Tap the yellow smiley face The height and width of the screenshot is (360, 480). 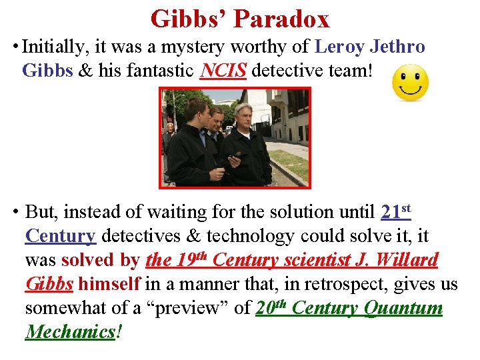410,83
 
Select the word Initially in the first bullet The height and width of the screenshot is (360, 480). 50,47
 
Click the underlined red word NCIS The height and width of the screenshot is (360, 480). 223,70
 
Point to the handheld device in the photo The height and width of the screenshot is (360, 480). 234,158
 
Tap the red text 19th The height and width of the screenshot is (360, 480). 188,259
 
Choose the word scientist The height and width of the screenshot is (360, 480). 317,260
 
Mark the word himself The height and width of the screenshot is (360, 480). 109,284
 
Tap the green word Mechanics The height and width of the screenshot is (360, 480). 70,331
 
